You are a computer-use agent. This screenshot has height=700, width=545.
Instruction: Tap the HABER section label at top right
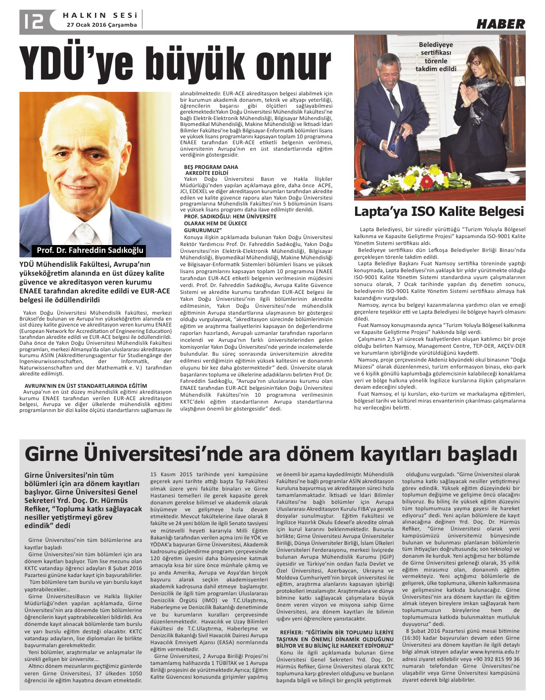pyautogui.click(x=500, y=24)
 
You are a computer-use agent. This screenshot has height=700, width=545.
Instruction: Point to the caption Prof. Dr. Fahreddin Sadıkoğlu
pyautogui.click(x=90, y=250)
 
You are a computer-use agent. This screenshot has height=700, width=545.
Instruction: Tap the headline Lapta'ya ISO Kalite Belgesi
pyautogui.click(x=439, y=211)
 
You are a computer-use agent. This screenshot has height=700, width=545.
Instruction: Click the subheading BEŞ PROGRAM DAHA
pyautogui.click(x=211, y=167)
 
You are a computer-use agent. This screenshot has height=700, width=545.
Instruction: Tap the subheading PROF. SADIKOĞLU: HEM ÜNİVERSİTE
pyautogui.click(x=230, y=216)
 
